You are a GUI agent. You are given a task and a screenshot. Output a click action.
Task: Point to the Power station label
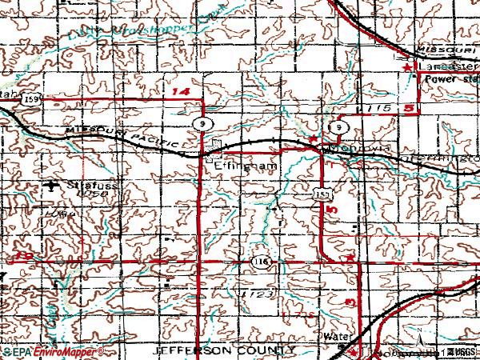click(451, 80)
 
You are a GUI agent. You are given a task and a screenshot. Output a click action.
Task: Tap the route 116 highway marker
click(263, 262)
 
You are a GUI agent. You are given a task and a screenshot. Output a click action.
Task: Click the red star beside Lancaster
click(408, 71)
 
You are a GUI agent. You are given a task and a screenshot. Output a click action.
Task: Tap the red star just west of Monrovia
click(314, 140)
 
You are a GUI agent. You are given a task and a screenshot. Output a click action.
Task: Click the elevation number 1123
click(252, 294)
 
